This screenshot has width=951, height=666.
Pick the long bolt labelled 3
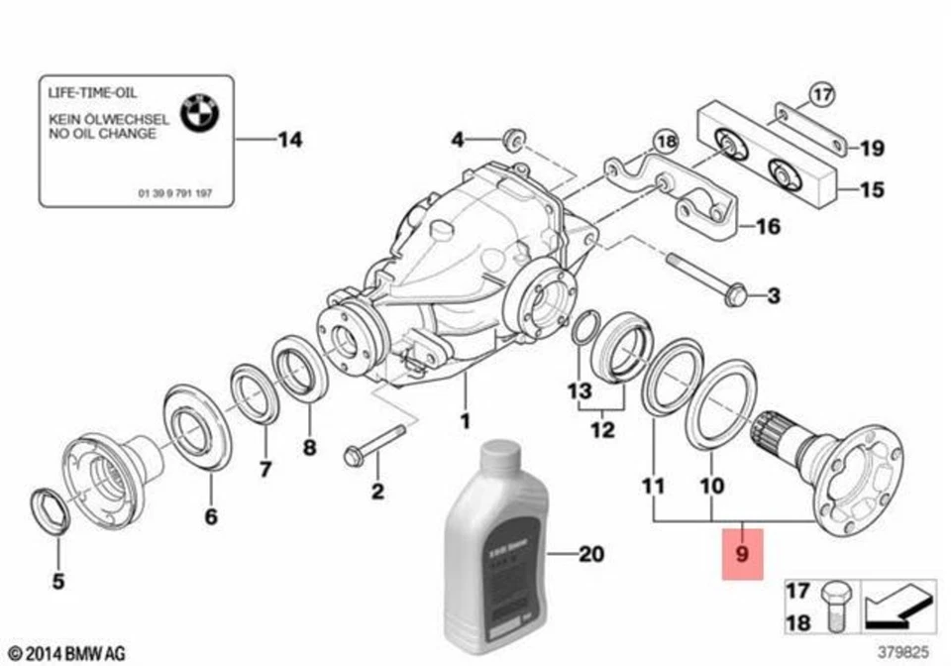point(705,277)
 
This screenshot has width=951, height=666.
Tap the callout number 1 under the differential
point(464,420)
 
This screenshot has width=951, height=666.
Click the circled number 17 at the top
point(821,95)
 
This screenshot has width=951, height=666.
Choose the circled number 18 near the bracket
point(666,143)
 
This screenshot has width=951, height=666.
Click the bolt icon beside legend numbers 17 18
point(833,606)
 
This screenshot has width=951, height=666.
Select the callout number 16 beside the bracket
point(768,227)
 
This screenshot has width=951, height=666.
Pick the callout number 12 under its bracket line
point(602,431)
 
